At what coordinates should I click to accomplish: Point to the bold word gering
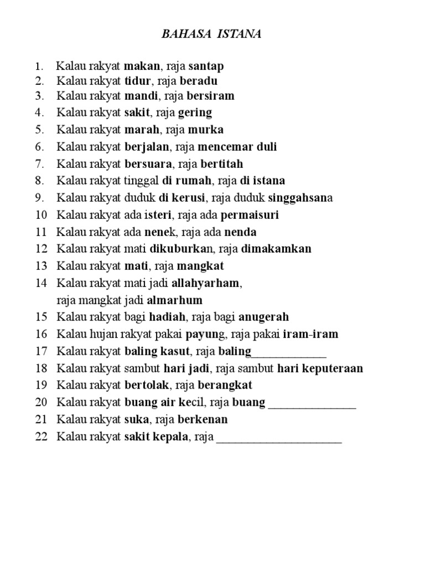pyautogui.click(x=195, y=112)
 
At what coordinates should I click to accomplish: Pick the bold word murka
pyautogui.click(x=205, y=130)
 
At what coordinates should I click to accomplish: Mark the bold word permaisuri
pyautogui.click(x=250, y=214)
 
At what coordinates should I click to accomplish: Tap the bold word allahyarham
pyautogui.click(x=206, y=283)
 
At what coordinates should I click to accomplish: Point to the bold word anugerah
pyautogui.click(x=261, y=317)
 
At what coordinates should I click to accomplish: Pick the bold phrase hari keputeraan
pyautogui.click(x=320, y=368)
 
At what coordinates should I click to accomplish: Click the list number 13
pyautogui.click(x=42, y=266)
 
